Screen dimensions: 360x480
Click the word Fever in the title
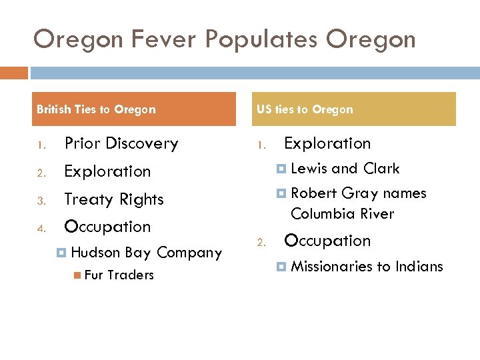coord(164,39)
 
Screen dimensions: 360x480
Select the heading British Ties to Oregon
coord(96,109)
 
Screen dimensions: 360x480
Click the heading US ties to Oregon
coord(305,109)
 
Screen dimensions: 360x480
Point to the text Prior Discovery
coord(121,143)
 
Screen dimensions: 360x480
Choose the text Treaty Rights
coord(113,199)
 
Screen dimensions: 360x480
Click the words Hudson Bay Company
coord(146,253)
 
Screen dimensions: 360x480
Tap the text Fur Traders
coord(119,275)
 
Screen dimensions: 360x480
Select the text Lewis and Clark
coord(345,169)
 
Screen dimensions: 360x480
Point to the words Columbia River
coord(342,214)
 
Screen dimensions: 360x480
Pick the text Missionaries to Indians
coord(367,267)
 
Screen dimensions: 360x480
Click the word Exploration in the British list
coord(107,171)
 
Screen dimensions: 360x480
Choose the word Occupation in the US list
coord(327,241)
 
